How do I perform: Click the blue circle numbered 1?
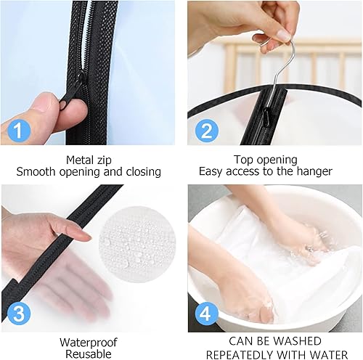tap(19, 131)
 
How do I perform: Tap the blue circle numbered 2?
tap(206, 131)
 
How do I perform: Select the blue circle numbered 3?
tap(19, 314)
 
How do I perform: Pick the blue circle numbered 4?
tap(205, 314)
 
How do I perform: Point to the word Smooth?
tap(36, 172)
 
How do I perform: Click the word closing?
tap(144, 172)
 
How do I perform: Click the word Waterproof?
tap(89, 343)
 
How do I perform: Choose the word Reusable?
tap(89, 354)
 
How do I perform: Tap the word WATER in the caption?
tap(329, 355)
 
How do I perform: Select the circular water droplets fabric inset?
tap(137, 245)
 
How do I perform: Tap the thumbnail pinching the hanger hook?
tap(283, 35)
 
